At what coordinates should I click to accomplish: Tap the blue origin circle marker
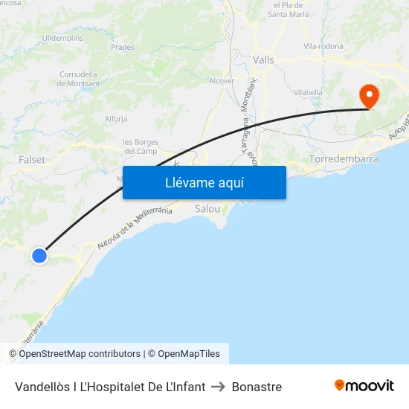click(39, 256)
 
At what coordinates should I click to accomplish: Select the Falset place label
click(32, 160)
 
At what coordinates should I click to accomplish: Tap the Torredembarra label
click(344, 159)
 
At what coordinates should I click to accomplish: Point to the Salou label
click(207, 209)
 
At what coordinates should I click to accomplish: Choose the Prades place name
click(122, 47)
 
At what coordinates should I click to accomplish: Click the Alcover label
click(222, 81)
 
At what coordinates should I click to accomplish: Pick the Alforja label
click(116, 119)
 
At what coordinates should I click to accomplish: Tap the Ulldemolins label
click(63, 37)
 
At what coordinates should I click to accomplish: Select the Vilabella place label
click(308, 92)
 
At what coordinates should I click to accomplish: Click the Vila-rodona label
click(323, 46)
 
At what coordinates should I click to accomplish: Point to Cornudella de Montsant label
click(78, 79)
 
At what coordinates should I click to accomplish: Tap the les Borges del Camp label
click(139, 146)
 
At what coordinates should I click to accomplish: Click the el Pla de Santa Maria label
click(288, 10)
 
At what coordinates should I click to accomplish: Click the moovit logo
click(364, 385)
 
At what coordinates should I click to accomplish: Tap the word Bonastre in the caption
click(257, 387)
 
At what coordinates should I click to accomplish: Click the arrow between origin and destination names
click(219, 387)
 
